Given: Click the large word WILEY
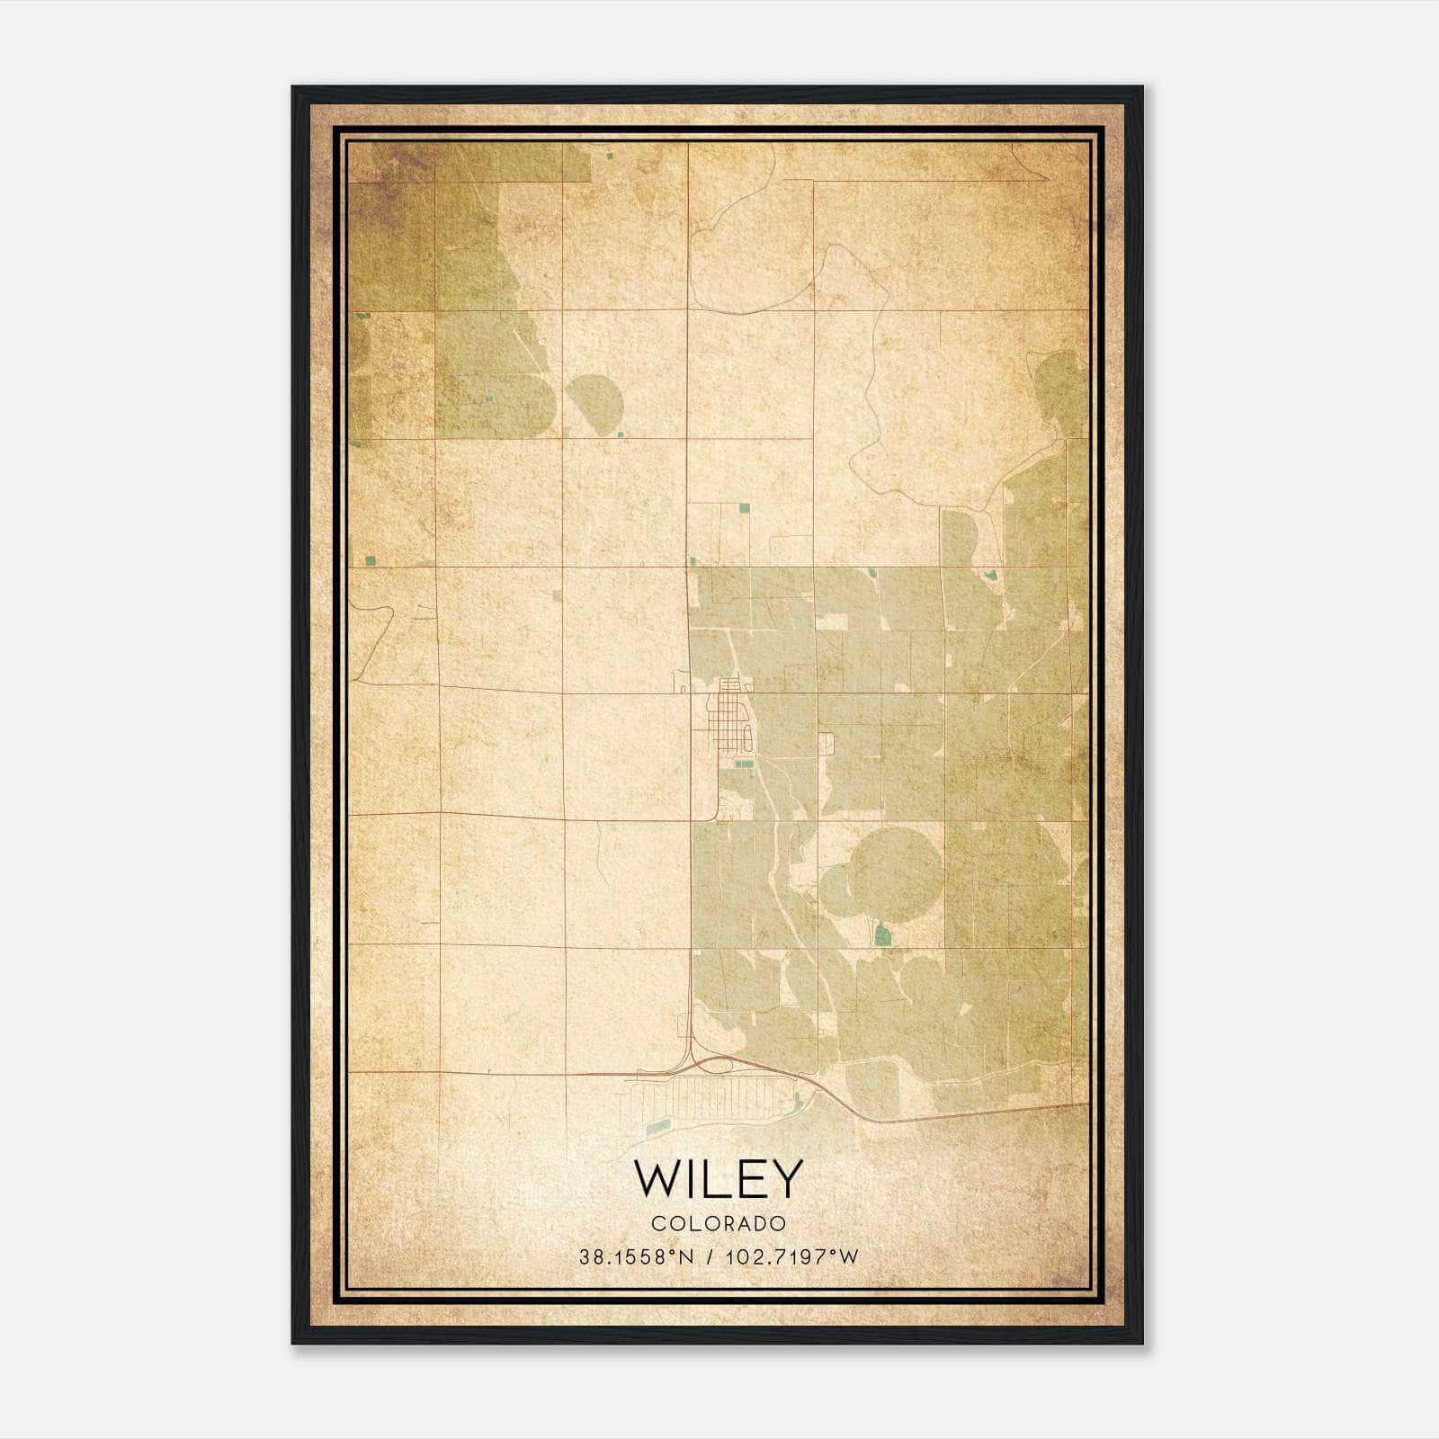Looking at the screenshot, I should [x=718, y=1179].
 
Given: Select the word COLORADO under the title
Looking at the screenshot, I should [x=719, y=1223].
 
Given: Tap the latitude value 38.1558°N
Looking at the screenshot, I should [x=636, y=1256].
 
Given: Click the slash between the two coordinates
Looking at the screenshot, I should [x=711, y=1256].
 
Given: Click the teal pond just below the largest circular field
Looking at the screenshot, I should [x=882, y=935].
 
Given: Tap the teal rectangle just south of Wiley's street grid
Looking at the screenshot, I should [x=744, y=764].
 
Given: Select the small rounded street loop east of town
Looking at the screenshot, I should [x=827, y=743].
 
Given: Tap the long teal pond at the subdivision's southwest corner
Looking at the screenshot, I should [x=657, y=1125].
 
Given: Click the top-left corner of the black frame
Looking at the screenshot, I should [x=294, y=88].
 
